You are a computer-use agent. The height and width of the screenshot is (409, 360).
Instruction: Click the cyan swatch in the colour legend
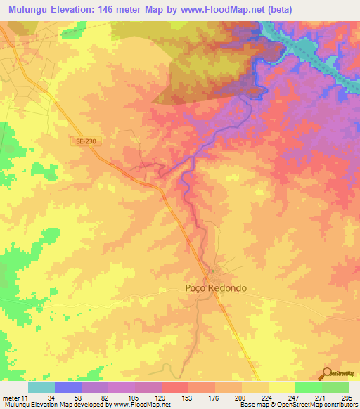(41, 387)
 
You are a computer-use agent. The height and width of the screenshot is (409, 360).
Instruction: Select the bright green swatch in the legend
(308, 387)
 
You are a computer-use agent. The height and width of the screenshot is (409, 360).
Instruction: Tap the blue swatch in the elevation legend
(68, 387)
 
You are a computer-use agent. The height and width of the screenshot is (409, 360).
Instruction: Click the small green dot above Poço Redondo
(211, 271)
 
